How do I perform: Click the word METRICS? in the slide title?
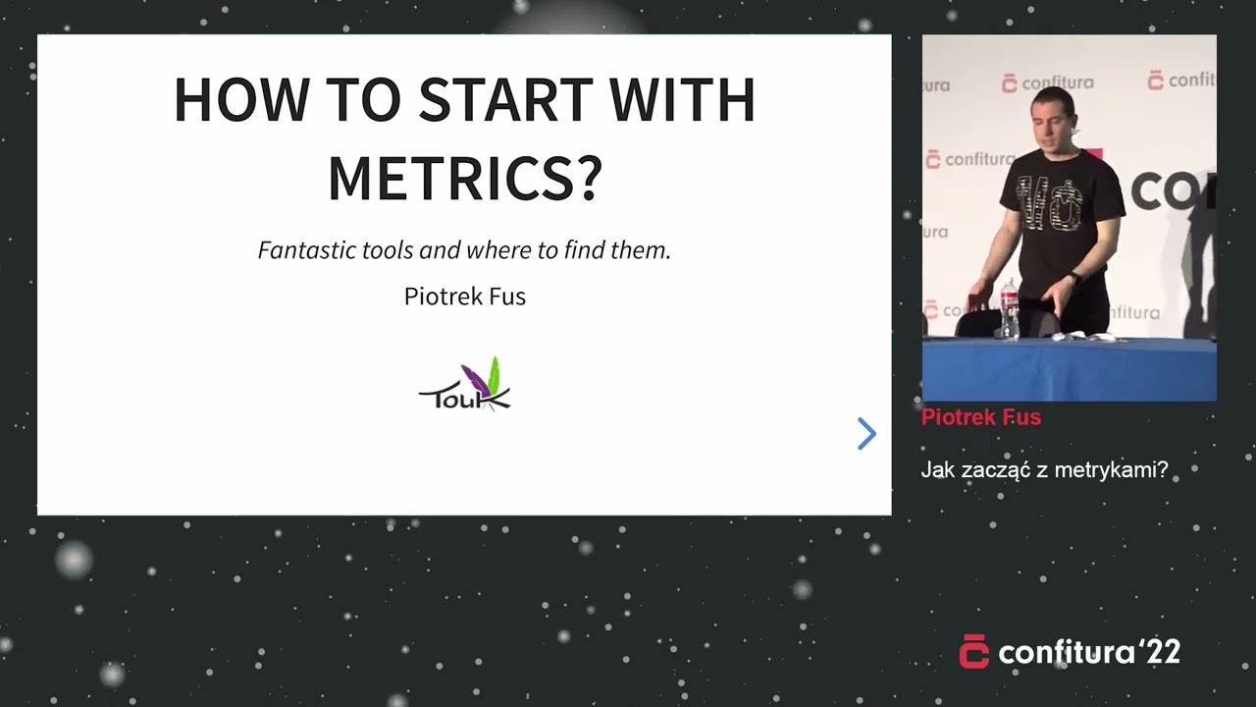(x=465, y=178)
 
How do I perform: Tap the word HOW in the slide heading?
(x=241, y=100)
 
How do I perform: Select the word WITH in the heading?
(x=682, y=100)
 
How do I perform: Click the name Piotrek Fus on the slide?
(x=465, y=297)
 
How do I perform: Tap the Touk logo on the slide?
(x=465, y=384)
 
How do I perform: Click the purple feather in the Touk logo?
(x=474, y=380)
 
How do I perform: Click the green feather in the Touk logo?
(x=494, y=374)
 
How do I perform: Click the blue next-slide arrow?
(x=866, y=434)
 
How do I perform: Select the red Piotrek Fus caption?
(x=981, y=417)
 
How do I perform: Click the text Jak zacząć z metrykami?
(x=1044, y=469)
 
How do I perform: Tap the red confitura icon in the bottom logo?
(x=974, y=651)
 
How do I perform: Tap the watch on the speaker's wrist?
(x=1074, y=278)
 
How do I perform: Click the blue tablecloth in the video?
(x=1070, y=369)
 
